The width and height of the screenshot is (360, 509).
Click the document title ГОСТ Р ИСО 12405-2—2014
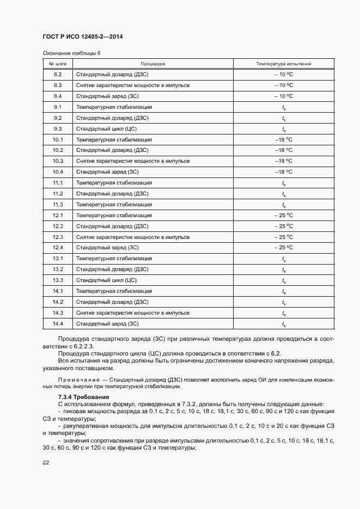tap(82, 36)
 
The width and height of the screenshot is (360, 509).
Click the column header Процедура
tap(153, 64)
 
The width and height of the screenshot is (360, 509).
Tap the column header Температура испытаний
tap(284, 64)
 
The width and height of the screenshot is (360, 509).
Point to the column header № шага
tap(58, 64)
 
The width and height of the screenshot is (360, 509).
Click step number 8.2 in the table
tap(58, 75)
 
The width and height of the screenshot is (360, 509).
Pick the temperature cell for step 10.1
tap(284, 140)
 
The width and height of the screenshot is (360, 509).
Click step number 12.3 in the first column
tap(58, 237)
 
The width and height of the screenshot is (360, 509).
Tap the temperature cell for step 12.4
tap(284, 248)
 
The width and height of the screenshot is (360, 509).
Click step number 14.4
tap(58, 324)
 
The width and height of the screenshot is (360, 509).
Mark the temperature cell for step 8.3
tap(284, 85)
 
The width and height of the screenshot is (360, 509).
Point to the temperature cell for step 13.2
tap(284, 270)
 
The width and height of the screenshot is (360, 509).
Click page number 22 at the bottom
tap(46, 462)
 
